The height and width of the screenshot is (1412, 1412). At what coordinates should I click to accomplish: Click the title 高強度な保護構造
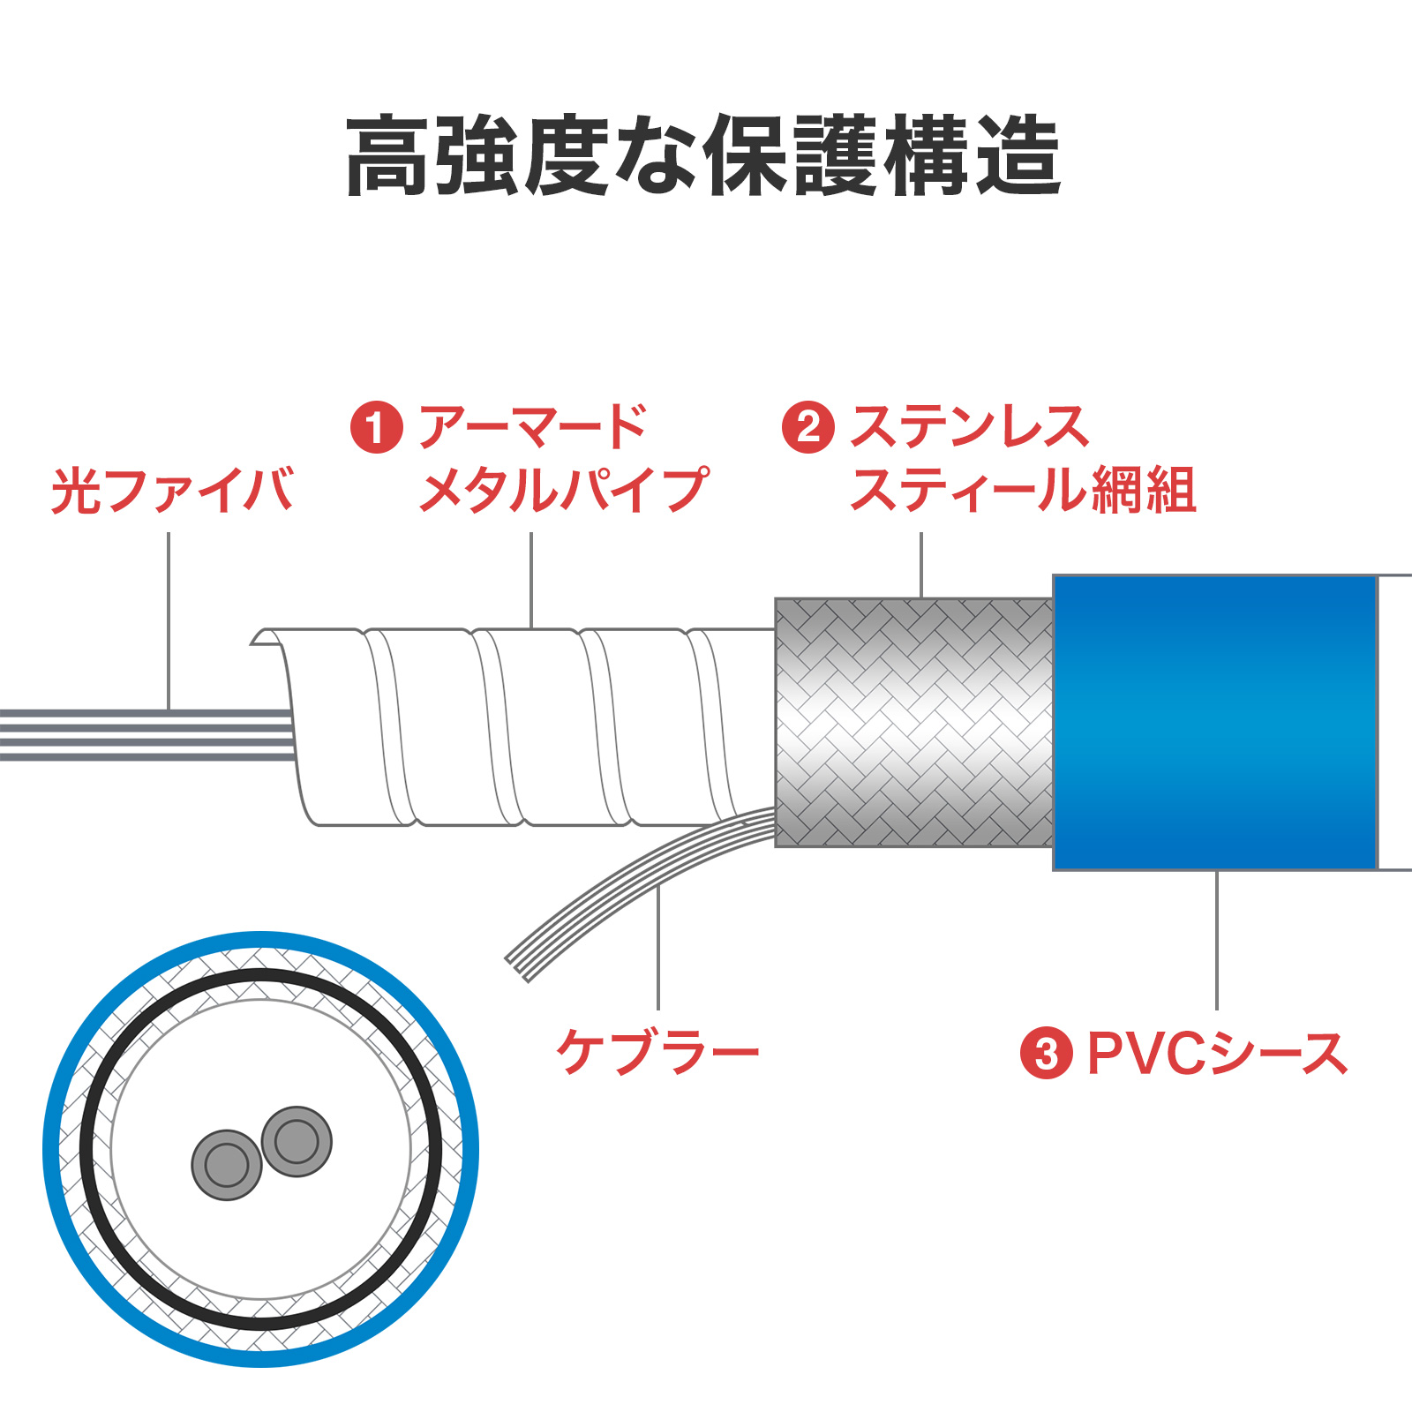(703, 156)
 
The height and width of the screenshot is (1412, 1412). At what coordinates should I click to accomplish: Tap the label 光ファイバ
(172, 491)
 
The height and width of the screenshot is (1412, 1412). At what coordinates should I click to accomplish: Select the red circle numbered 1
(377, 428)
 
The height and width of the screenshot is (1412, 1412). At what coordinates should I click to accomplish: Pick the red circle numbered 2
(807, 428)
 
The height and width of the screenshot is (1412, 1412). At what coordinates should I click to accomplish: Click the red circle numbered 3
(1046, 1053)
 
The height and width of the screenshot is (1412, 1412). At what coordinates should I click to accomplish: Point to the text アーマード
(533, 428)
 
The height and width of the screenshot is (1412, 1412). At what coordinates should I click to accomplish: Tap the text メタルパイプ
(563, 491)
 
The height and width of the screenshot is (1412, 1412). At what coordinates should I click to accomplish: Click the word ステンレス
(969, 428)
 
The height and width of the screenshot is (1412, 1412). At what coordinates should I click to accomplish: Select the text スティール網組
(1022, 491)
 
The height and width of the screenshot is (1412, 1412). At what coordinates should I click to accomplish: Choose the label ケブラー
(657, 1052)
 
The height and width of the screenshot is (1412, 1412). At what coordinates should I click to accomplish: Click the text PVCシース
(1217, 1053)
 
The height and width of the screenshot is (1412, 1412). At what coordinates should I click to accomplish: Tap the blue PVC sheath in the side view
(1214, 722)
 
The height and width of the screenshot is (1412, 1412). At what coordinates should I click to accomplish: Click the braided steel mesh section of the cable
(913, 722)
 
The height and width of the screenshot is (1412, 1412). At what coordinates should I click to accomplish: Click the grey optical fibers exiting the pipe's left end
(141, 734)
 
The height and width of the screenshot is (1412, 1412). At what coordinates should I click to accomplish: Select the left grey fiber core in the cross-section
(227, 1165)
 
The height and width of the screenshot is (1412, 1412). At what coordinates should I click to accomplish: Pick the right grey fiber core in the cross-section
(297, 1141)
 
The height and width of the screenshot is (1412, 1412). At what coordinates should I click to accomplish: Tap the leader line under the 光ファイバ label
(169, 618)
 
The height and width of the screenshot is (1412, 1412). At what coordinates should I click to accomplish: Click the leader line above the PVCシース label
(1217, 940)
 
